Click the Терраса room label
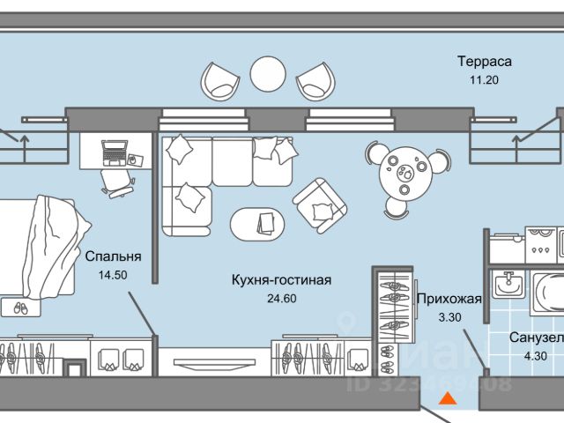point(484,62)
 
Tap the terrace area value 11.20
point(484,79)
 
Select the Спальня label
point(113,257)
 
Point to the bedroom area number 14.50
point(113,275)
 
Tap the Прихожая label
point(449,298)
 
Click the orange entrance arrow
point(448,399)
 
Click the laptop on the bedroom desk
point(114,153)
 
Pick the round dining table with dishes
point(405,173)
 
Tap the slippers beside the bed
point(19,308)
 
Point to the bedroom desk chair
point(118,182)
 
